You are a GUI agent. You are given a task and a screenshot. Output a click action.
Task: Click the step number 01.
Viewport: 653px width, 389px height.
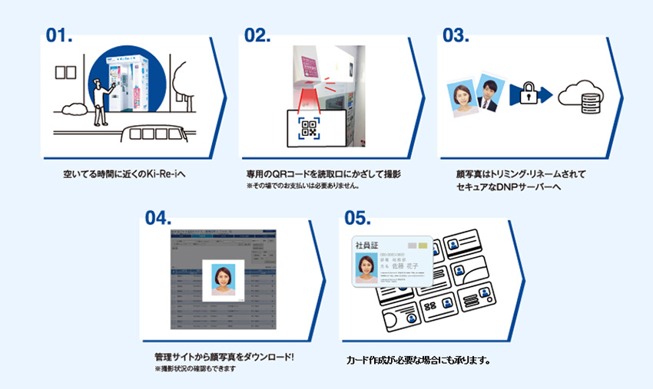(59, 35)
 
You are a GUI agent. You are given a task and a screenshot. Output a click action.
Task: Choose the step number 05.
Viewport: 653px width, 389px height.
(359, 218)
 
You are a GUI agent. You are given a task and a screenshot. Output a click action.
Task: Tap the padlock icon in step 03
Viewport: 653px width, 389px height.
(526, 94)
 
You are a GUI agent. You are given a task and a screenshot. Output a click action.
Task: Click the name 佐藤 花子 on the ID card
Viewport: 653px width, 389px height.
(406, 269)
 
